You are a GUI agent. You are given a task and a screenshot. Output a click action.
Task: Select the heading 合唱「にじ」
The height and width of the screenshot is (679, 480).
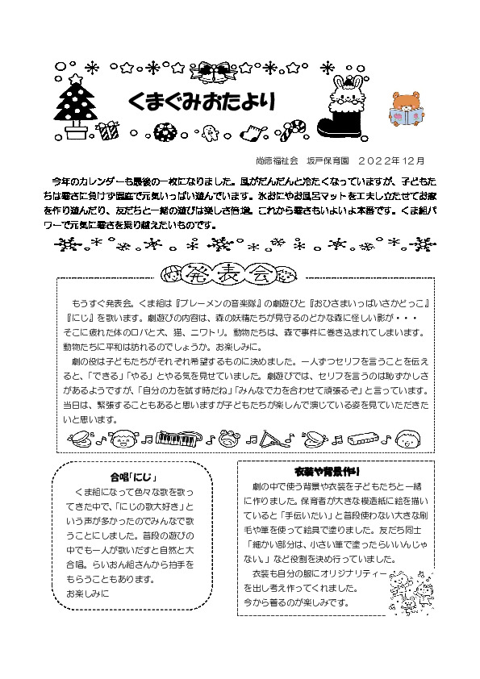click(x=133, y=477)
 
